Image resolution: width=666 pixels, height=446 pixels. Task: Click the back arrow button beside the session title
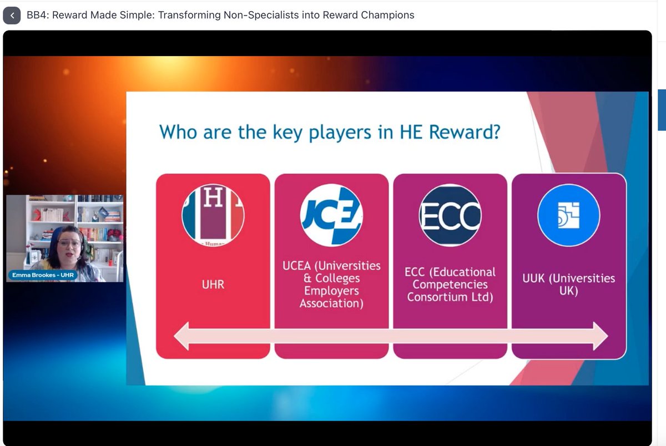tap(12, 16)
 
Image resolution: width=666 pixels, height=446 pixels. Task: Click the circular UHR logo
tap(213, 214)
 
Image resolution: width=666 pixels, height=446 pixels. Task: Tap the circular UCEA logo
tap(331, 214)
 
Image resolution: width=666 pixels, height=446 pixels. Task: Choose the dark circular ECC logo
tap(450, 214)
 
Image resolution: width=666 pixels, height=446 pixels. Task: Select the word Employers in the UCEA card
tap(331, 291)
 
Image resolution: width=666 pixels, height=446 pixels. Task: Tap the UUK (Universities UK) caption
tap(569, 284)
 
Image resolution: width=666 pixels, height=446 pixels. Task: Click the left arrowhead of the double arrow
tap(182, 336)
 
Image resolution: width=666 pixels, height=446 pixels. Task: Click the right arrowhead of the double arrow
tap(600, 336)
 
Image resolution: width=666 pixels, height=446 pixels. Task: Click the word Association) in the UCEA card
tap(331, 303)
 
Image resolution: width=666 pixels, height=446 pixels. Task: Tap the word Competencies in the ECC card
tap(450, 285)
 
